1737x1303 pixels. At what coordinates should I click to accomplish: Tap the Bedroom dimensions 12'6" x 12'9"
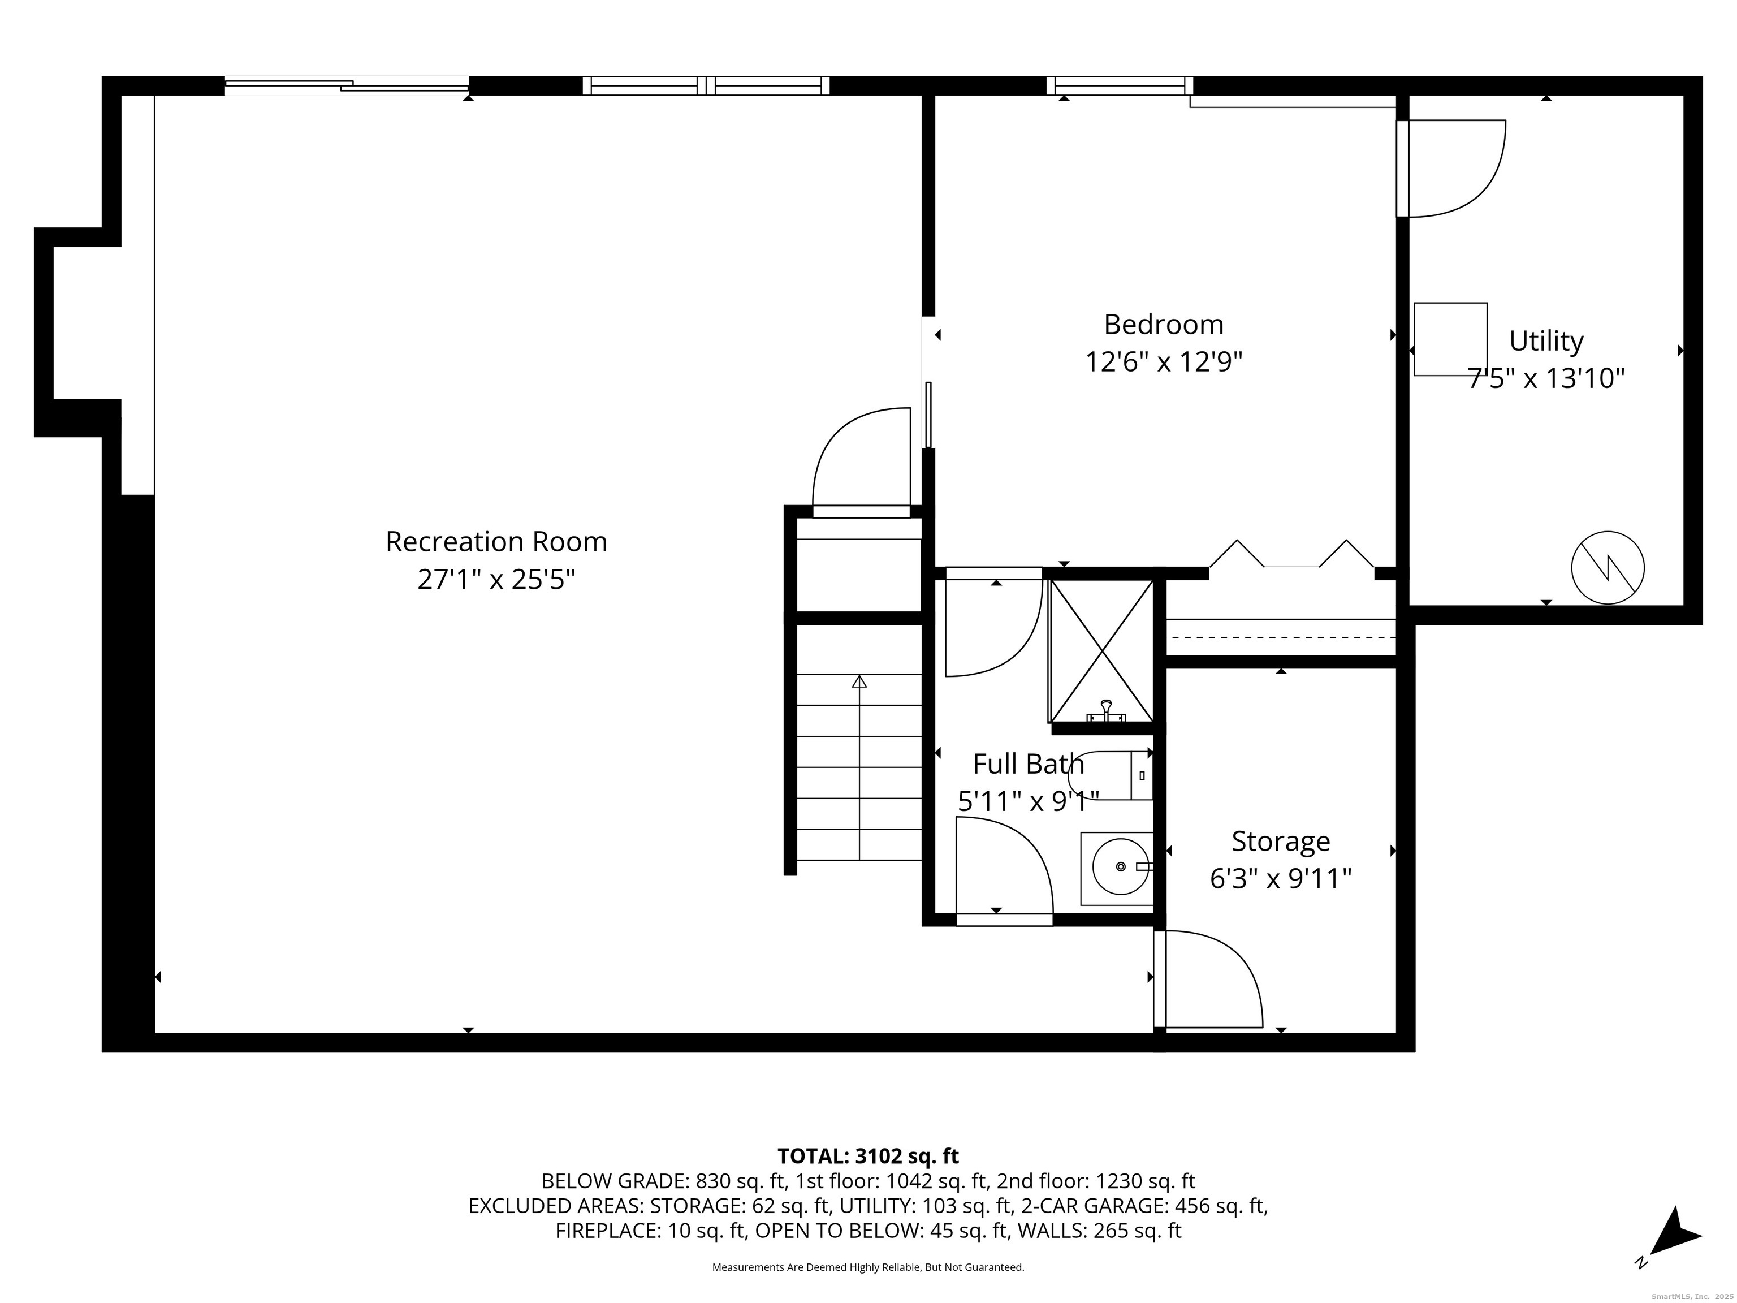1163,362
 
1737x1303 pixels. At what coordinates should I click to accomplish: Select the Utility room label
1545,341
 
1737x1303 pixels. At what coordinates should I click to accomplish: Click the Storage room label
1280,841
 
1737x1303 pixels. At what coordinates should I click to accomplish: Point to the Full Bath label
1028,763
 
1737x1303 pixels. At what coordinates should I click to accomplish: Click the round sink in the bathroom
1120,866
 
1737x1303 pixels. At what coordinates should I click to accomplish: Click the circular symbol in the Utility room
1608,567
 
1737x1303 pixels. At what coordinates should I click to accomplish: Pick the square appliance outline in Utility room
1450,339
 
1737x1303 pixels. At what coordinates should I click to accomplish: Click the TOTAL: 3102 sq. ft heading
868,1156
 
